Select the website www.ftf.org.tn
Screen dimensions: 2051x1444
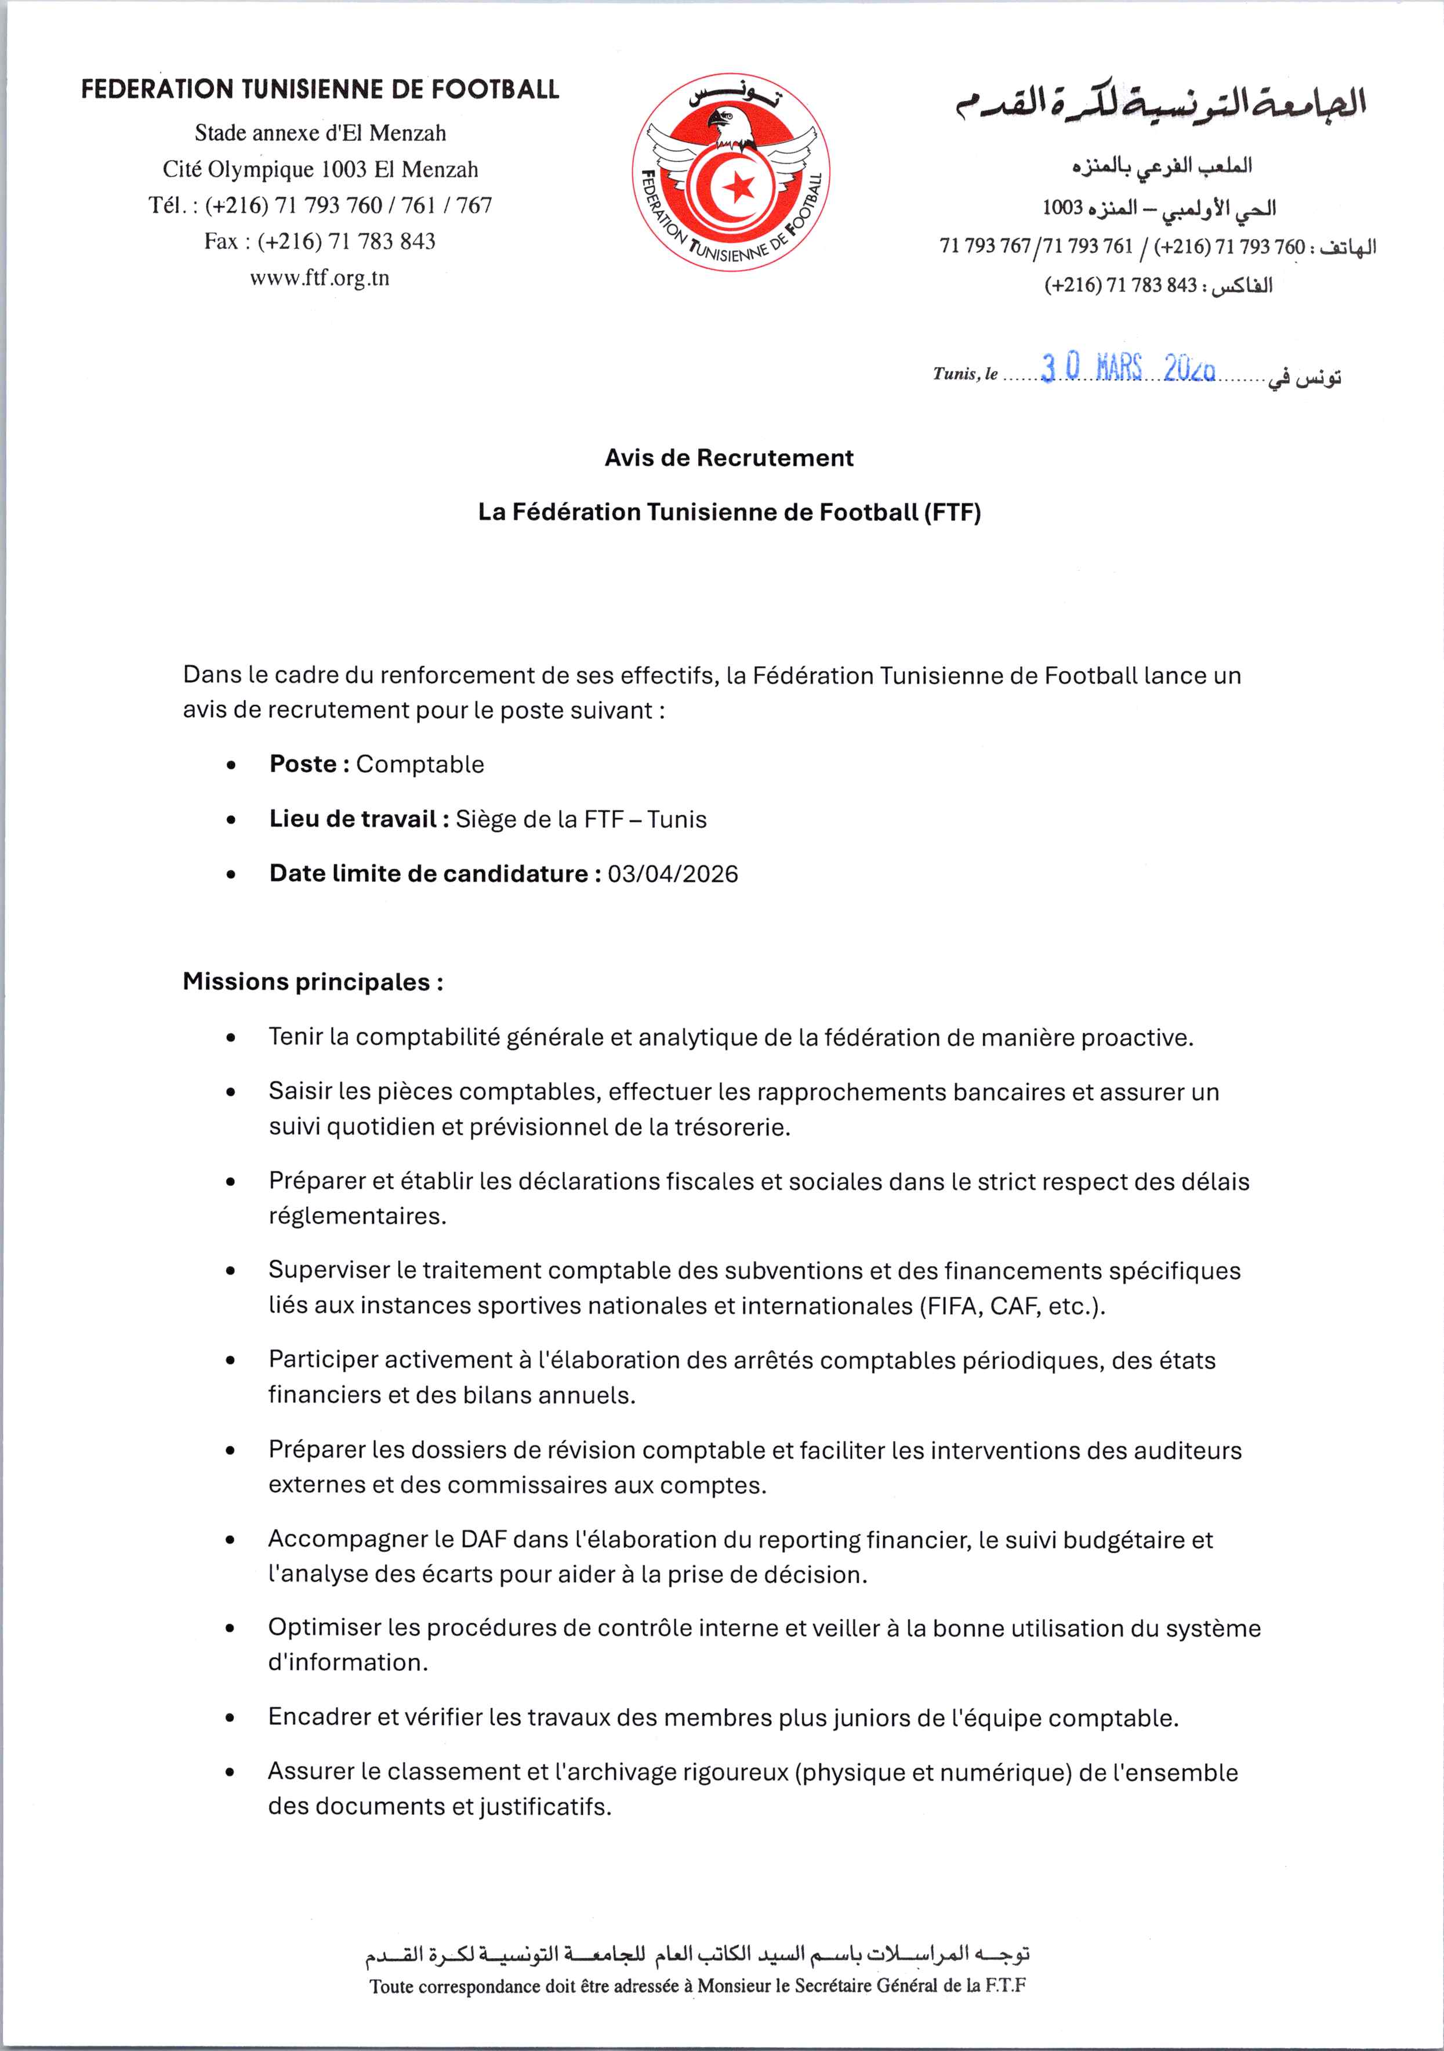320,278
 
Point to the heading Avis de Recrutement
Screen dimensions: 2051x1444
729,458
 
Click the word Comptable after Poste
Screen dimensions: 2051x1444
420,765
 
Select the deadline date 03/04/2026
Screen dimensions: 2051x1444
673,874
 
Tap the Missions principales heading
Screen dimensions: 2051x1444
313,982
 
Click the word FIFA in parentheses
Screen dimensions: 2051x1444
952,1306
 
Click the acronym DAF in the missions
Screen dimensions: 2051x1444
483,1539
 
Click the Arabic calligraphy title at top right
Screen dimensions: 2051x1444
1161,104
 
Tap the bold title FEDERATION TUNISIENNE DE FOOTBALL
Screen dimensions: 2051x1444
320,89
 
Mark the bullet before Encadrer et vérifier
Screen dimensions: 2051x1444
231,1718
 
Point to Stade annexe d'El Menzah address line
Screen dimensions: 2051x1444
320,133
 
